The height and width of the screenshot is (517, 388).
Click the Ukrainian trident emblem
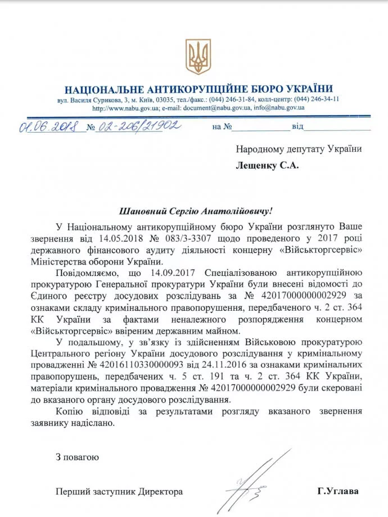[198, 57]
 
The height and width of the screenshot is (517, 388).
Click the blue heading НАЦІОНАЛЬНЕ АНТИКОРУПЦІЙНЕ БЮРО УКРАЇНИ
[198, 89]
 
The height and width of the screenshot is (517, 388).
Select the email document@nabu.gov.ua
[217, 107]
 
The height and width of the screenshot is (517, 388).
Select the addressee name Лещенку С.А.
[268, 166]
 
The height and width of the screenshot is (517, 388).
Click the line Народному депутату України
[298, 149]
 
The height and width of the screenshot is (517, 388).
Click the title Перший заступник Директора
[119, 491]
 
